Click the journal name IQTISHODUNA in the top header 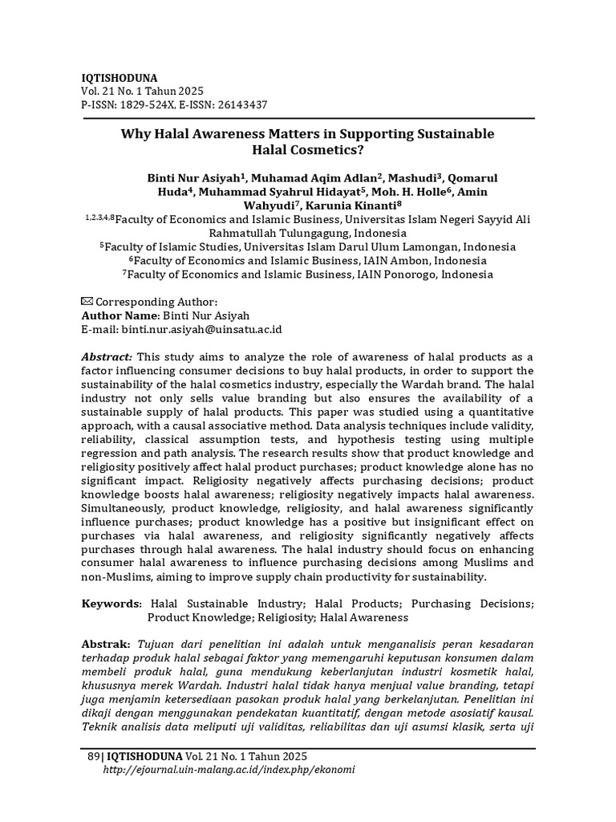(120, 78)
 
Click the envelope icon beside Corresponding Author (87, 301)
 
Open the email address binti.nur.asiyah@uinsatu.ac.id (201, 329)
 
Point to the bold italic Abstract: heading (107, 356)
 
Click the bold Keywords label (111, 604)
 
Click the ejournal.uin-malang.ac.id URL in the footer (229, 769)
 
